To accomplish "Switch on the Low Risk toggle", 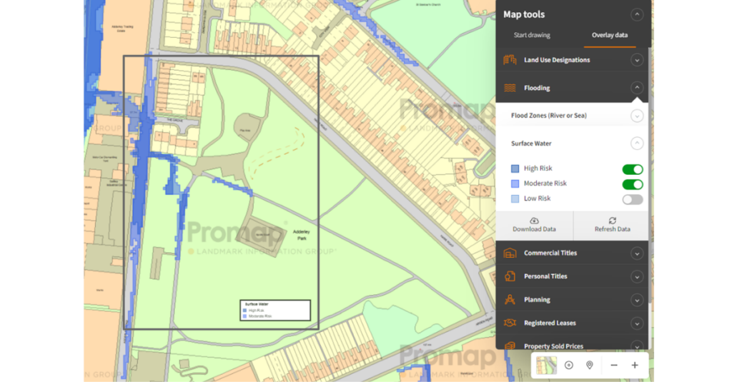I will click(632, 199).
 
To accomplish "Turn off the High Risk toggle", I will click(632, 169).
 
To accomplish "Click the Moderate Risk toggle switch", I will click(632, 184).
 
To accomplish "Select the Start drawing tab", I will click(532, 35).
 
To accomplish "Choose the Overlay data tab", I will click(610, 35).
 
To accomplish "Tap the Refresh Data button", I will click(612, 225).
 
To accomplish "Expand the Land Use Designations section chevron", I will click(637, 60).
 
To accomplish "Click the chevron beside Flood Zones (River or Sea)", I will click(637, 116).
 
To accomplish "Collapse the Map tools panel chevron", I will click(637, 14).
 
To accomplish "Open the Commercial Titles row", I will click(550, 253).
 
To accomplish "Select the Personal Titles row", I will click(545, 276).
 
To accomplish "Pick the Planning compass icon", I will click(510, 300).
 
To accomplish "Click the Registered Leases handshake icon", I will click(510, 323).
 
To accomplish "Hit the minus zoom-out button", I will click(613, 365).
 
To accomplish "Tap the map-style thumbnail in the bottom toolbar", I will click(547, 365).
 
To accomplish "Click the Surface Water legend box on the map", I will click(274, 310).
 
